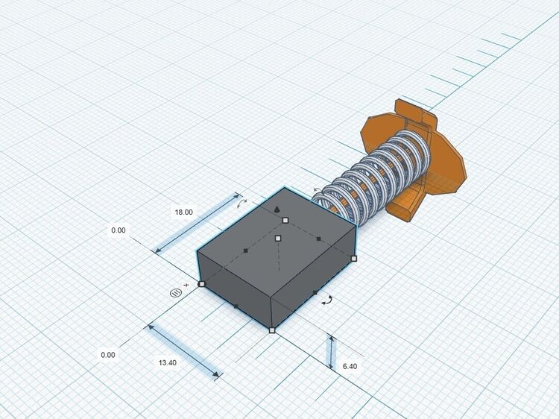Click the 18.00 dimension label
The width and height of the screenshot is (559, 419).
(183, 212)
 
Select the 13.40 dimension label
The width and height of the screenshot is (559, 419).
(167, 362)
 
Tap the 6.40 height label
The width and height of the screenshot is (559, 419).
(350, 366)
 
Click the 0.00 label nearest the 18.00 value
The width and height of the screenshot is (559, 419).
(119, 230)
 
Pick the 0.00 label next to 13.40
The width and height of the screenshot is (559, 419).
(108, 355)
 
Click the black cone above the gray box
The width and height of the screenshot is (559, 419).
(277, 209)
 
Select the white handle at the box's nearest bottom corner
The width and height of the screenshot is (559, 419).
(272, 330)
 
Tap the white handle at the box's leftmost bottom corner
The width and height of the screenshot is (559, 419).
(202, 284)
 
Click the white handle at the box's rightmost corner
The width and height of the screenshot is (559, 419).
(353, 258)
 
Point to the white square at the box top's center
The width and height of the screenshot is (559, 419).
(279, 239)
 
